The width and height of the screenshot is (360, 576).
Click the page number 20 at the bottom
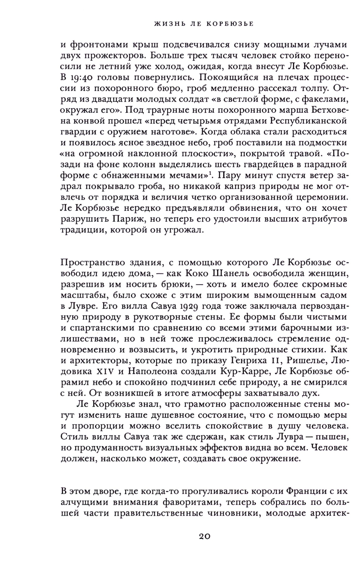204,536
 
